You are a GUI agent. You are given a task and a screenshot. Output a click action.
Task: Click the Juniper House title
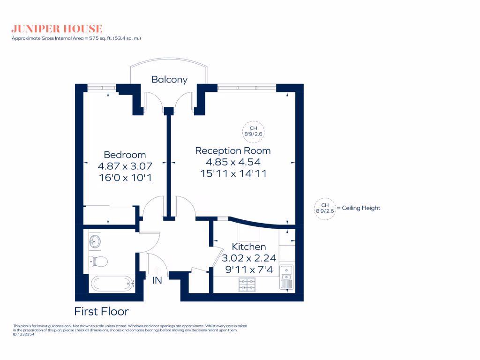pos(57,29)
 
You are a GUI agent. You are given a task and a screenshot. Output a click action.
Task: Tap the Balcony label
pos(169,80)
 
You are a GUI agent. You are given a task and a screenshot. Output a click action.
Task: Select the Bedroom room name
pos(125,155)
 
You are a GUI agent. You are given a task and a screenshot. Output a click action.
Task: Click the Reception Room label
pos(232,150)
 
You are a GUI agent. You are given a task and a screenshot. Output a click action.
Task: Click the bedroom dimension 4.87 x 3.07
pos(125,166)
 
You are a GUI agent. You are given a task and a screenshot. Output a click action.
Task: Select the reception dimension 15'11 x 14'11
pos(232,173)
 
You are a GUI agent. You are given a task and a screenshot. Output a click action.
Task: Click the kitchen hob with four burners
pos(247,284)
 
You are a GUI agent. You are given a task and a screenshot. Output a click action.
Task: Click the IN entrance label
pos(157,281)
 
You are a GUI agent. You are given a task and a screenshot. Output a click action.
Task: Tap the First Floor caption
pos(101,311)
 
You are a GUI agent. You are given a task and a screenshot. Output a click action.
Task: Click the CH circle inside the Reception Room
pos(253,131)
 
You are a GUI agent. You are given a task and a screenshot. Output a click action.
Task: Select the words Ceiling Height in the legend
pos(361,208)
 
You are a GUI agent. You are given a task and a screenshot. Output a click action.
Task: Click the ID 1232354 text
pos(23,334)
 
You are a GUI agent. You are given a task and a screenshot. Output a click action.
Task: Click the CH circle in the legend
pos(325,208)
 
